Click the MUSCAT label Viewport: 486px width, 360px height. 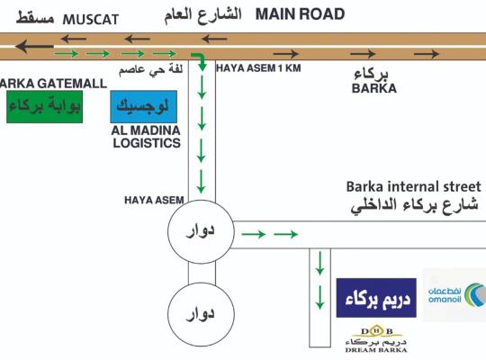click(91, 20)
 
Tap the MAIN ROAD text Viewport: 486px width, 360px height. click(300, 14)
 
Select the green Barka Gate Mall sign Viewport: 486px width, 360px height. click(45, 107)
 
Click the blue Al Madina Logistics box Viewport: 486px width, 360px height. click(143, 107)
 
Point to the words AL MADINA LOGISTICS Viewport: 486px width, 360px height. click(146, 137)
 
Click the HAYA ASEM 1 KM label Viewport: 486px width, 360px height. click(258, 67)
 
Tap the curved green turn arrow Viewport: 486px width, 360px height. click(200, 61)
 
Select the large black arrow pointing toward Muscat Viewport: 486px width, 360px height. click(34, 47)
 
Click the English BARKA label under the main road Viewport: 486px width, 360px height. click(374, 88)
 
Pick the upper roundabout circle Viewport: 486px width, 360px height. click(168, 231)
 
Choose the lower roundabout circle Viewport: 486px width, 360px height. click(168, 314)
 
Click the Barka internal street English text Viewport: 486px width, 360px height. click(413, 187)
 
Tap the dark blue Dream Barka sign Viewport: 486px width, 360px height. click(376, 298)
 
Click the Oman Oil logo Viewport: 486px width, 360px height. click(454, 295)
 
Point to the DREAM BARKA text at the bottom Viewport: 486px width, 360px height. click(376, 350)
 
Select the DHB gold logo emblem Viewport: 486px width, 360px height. click(377, 331)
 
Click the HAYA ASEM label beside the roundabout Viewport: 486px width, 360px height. click(154, 201)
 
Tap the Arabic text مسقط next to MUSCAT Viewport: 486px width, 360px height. click(35, 18)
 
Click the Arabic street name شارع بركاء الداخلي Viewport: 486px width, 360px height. click(414, 205)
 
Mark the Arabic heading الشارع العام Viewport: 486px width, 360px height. click(202, 16)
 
